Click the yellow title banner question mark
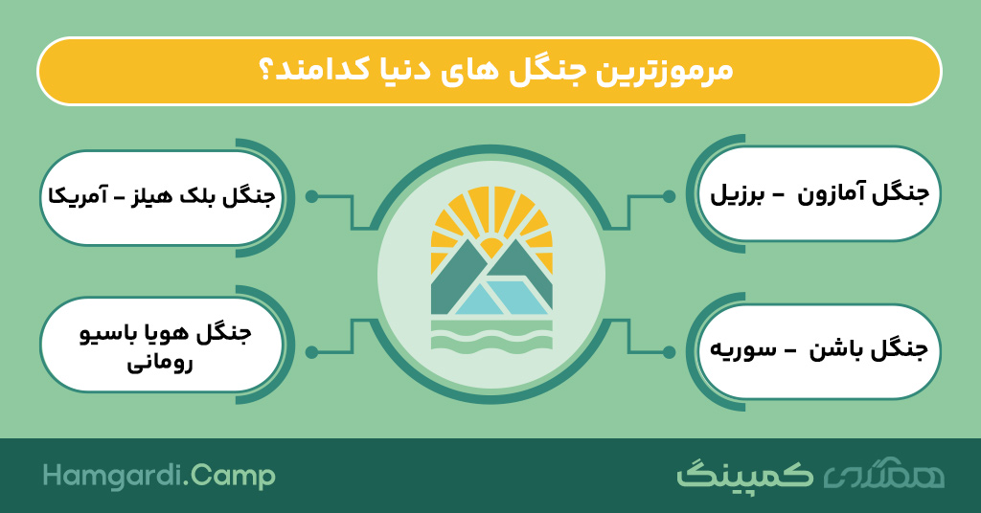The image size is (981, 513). coord(266,71)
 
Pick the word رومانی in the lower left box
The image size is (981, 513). coord(160,364)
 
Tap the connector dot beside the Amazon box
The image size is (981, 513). coord(669,196)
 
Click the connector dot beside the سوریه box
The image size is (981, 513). coord(669,352)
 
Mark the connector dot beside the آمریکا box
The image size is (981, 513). coord(311,196)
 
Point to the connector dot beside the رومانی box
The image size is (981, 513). coord(311,352)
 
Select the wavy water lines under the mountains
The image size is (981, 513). coord(491,336)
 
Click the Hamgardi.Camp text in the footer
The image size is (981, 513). coord(159,476)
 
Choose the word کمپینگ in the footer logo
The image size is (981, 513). coord(744,475)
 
